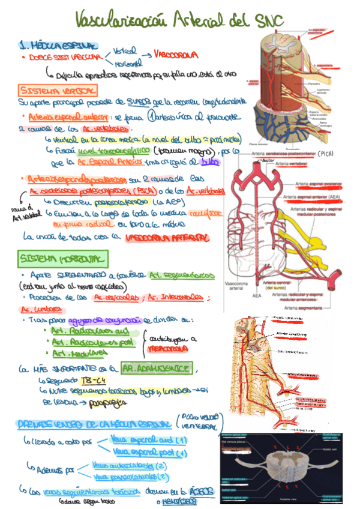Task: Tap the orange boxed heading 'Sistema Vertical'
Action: pyautogui.click(x=57, y=90)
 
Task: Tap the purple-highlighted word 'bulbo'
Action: pyautogui.click(x=208, y=162)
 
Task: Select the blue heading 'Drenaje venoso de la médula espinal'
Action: pyautogui.click(x=95, y=424)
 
